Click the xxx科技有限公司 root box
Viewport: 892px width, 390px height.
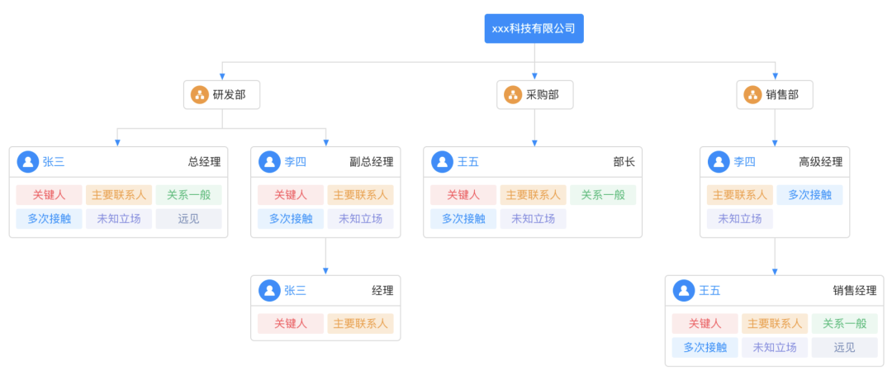[534, 28]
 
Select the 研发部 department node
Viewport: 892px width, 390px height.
[221, 95]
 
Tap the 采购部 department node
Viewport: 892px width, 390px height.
[534, 95]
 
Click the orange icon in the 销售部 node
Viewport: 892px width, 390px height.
[752, 95]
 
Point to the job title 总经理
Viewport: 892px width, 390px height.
[204, 162]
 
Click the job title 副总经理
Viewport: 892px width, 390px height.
[371, 162]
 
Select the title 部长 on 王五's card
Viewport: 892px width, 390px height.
[624, 162]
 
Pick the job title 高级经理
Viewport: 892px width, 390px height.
[820, 162]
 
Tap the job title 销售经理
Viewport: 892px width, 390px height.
[854, 291]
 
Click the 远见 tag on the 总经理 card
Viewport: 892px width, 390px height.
[188, 219]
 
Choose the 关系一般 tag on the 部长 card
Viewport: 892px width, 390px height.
[602, 195]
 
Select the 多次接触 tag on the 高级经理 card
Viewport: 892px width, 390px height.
[809, 195]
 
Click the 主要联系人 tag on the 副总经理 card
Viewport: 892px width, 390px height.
[360, 195]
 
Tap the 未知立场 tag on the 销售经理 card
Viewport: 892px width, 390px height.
[775, 348]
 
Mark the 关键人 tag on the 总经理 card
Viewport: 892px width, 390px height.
[49, 195]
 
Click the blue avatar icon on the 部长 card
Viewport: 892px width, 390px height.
[442, 162]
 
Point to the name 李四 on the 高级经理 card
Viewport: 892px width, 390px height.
[745, 162]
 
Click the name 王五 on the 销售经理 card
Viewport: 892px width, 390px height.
[709, 291]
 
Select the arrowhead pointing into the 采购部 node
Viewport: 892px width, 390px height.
[534, 76]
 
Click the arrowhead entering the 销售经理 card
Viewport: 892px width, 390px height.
[775, 272]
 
